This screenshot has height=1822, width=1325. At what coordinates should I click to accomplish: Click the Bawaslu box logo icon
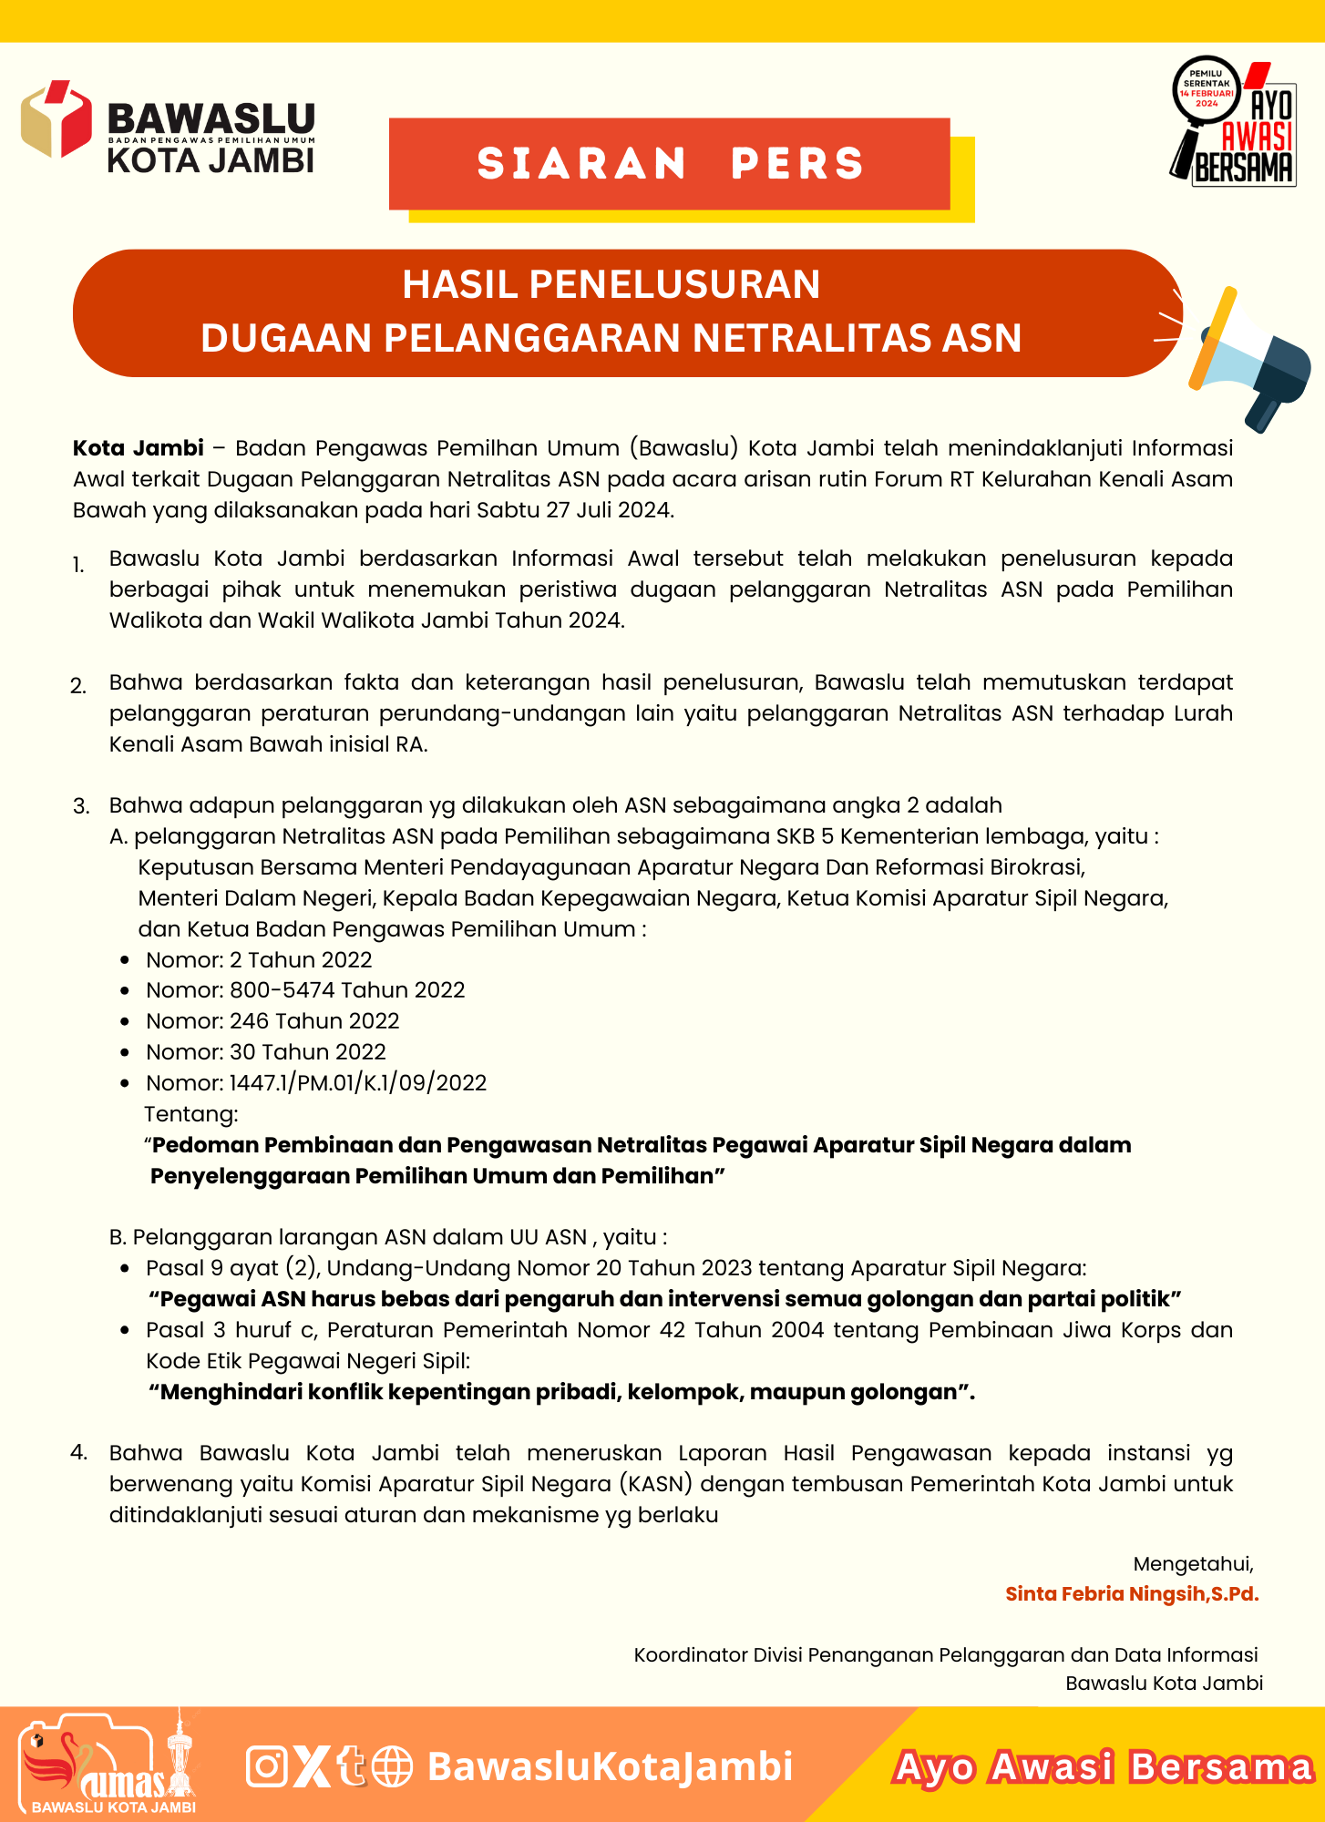pyautogui.click(x=56, y=119)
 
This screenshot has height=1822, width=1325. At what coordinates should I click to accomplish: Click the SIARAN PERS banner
pyautogui.click(x=670, y=164)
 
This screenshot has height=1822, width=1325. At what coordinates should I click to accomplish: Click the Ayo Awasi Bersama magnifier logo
pyautogui.click(x=1234, y=123)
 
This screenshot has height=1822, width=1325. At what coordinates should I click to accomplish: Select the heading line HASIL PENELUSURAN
pyautogui.click(x=611, y=284)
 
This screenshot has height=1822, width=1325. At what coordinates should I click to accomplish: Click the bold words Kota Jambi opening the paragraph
pyautogui.click(x=139, y=448)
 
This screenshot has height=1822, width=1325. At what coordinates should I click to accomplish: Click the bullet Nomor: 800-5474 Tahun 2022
pyautogui.click(x=305, y=990)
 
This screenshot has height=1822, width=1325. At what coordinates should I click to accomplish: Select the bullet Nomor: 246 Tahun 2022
pyautogui.click(x=272, y=1021)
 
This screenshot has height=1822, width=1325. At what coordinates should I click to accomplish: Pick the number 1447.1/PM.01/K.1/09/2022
pyautogui.click(x=358, y=1083)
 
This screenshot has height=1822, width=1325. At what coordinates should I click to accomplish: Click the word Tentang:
pyautogui.click(x=191, y=1114)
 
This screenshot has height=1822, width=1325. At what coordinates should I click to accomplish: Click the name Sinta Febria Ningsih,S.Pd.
pyautogui.click(x=1132, y=1594)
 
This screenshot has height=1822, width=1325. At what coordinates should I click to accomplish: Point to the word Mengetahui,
pyautogui.click(x=1194, y=1564)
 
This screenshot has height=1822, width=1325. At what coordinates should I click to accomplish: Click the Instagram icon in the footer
pyautogui.click(x=267, y=1766)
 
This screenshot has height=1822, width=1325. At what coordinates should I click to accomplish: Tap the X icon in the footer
pyautogui.click(x=313, y=1766)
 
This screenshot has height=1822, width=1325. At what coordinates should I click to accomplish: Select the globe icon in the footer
pyautogui.click(x=393, y=1766)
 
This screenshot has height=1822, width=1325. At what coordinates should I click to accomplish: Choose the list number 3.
pyautogui.click(x=81, y=806)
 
